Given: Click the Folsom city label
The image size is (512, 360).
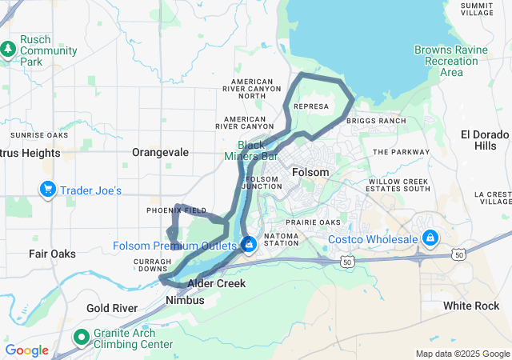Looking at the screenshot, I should coord(310,172).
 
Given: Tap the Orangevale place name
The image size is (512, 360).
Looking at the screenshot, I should coord(160,152).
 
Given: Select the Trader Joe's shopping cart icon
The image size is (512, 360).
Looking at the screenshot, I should coord(48,190).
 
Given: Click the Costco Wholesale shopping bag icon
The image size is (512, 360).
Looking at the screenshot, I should coord(430,238).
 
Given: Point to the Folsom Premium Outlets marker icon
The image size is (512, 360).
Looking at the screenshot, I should coord(249,243).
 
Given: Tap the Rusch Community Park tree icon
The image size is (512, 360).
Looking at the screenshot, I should coord(8,50).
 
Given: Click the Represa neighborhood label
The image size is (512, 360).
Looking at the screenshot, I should coord(310,105).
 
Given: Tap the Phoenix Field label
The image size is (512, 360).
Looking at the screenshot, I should coord(176,210).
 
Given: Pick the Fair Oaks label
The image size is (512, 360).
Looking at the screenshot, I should coord(52,254).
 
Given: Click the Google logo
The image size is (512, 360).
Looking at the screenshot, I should coord(26,350).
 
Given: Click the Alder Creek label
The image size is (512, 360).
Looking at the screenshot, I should coord(216,283).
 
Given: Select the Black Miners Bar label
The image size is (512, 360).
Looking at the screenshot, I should coord(257,150).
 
